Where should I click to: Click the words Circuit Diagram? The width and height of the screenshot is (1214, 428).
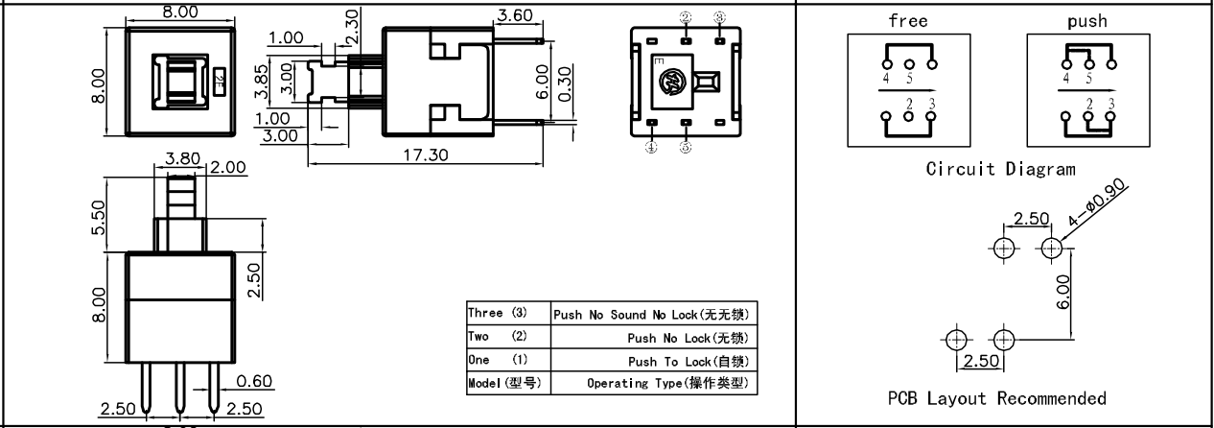coord(1000,169)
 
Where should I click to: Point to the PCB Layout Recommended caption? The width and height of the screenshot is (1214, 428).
coord(996,398)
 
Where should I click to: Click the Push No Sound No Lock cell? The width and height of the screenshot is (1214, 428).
coord(650,315)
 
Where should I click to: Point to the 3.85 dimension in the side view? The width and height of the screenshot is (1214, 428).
coord(272,83)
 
